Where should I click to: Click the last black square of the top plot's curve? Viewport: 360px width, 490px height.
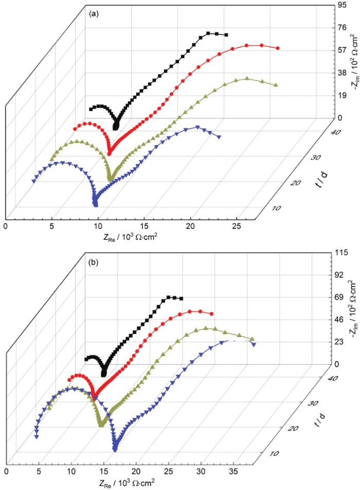point(226,35)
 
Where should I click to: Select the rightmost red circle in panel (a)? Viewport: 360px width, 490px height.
point(278,48)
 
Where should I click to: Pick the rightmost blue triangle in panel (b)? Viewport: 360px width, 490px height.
point(253,344)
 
